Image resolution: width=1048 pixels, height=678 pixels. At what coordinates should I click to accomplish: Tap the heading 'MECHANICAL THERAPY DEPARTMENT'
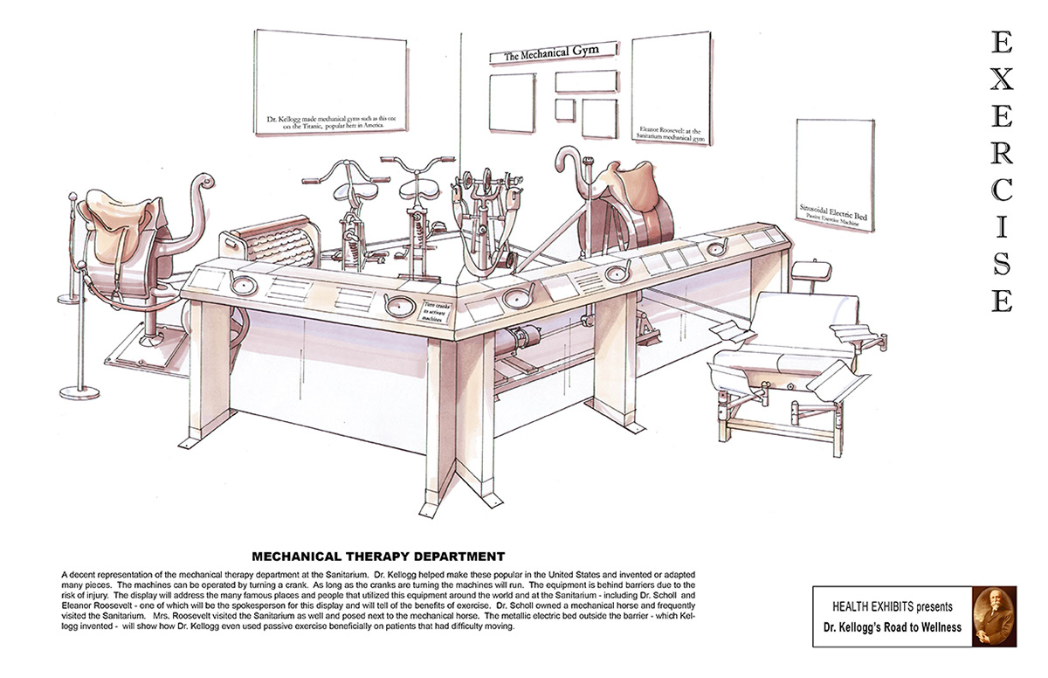(378, 555)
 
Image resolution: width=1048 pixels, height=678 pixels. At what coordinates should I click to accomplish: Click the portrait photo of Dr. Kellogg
(995, 616)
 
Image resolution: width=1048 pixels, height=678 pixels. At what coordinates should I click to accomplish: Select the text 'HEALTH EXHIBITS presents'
(893, 606)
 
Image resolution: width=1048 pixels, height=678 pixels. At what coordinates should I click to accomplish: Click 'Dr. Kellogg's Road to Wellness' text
(893, 626)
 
